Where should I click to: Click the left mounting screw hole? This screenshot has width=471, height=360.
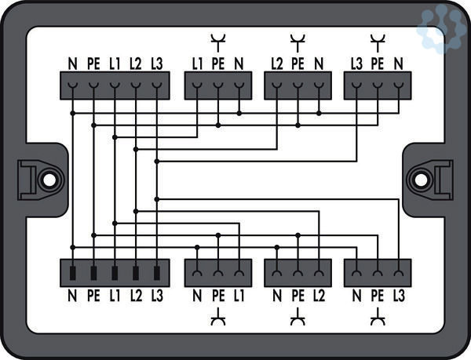(49, 179)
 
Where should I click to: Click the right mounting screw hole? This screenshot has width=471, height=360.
(422, 179)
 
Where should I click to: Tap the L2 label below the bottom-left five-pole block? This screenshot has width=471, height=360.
(136, 296)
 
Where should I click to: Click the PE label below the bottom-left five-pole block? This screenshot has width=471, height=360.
(93, 296)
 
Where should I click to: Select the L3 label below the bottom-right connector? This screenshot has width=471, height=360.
(399, 296)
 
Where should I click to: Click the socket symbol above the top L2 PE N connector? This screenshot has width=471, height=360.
(298, 39)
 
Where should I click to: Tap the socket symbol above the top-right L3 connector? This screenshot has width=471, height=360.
(378, 39)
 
